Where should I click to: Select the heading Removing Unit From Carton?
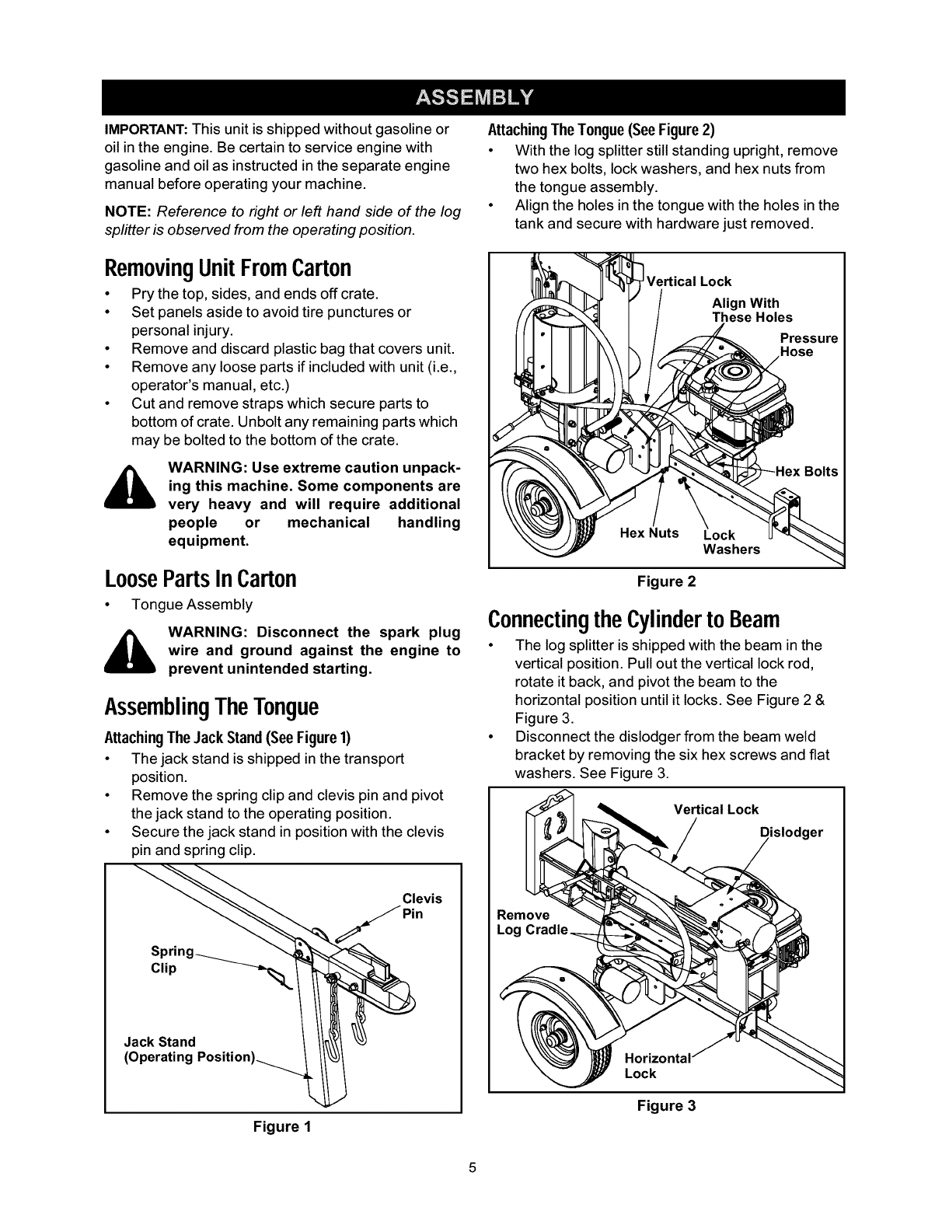click(228, 267)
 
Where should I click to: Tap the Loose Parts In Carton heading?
click(201, 578)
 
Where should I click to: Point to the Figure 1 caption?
click(283, 1127)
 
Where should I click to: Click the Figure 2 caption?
click(666, 581)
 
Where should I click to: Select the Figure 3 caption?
click(666, 1105)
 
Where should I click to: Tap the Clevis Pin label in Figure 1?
click(421, 906)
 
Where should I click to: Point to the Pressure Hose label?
click(808, 345)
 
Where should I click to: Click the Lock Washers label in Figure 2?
click(731, 543)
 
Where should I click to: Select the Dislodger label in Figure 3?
click(790, 832)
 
